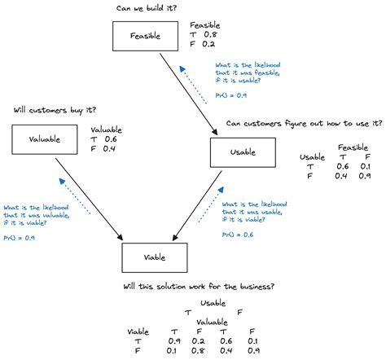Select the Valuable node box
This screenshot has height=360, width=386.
pyautogui.click(x=45, y=139)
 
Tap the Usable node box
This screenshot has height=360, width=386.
pyautogui.click(x=244, y=152)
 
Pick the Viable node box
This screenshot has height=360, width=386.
pyautogui.click(x=155, y=257)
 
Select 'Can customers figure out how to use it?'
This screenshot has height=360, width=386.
pyautogui.click(x=303, y=124)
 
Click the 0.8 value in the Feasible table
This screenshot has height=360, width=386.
pyautogui.click(x=211, y=35)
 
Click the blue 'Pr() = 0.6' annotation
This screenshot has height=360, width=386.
pyautogui.click(x=237, y=235)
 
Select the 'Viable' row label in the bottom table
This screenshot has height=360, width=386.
pyautogui.click(x=139, y=331)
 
